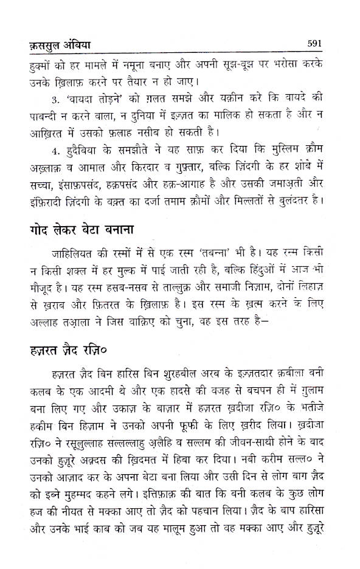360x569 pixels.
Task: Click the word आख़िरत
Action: coord(34,146)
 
